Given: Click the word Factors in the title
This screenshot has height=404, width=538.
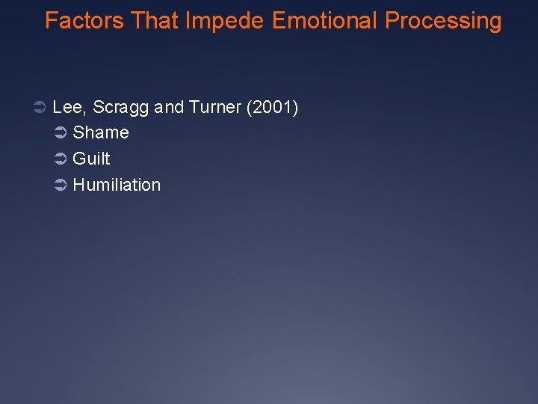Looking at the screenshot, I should [84, 21].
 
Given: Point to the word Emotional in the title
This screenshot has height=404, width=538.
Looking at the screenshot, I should [325, 21].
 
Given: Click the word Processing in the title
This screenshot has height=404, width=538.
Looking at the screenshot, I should [443, 21].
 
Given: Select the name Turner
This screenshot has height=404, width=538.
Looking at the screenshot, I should [215, 108].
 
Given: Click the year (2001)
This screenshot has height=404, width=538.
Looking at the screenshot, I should [272, 108].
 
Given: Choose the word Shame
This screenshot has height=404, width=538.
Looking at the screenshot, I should [101, 133].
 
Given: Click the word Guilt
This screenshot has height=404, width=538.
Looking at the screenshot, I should [91, 159].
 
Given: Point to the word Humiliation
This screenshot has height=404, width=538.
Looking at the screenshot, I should [117, 185].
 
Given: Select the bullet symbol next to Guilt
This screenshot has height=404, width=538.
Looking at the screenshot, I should [61, 159].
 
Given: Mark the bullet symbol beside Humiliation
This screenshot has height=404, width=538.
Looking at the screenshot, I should [61, 186].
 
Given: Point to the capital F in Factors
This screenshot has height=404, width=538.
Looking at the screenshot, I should [50, 21].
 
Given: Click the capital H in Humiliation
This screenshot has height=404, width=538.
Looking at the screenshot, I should [78, 185].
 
